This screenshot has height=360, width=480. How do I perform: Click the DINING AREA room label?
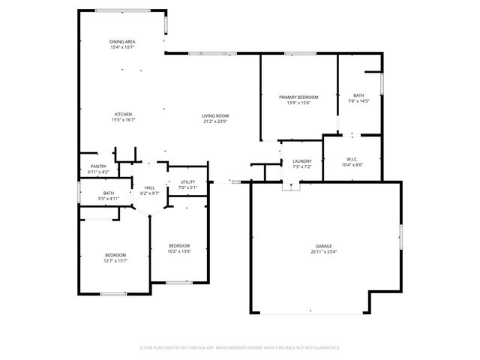[x=122, y=42]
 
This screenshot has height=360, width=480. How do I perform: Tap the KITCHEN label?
[x=123, y=114]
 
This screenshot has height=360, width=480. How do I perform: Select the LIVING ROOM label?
[x=215, y=115]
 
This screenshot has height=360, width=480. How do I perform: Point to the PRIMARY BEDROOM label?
[x=298, y=97]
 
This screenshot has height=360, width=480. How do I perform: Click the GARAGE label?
[x=324, y=246]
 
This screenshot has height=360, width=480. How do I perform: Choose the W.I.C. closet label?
[x=352, y=159]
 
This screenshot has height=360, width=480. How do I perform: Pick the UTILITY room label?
[x=187, y=182]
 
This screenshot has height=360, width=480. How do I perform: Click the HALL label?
[x=150, y=187]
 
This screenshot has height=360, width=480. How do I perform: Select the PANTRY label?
[x=98, y=166]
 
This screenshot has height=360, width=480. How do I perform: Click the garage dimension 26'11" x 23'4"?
[x=324, y=252]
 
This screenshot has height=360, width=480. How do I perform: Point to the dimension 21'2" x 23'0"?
[x=215, y=121]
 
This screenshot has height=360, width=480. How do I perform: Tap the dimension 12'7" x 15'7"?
[x=115, y=260]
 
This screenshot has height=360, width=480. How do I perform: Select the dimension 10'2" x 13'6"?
[x=179, y=251]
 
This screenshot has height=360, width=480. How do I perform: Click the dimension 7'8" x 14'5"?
[x=359, y=102]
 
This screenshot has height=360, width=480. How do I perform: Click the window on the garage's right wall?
[x=401, y=238]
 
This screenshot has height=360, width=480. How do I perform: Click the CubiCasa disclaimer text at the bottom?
[x=240, y=347]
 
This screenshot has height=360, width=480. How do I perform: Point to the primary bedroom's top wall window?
[x=298, y=53]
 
